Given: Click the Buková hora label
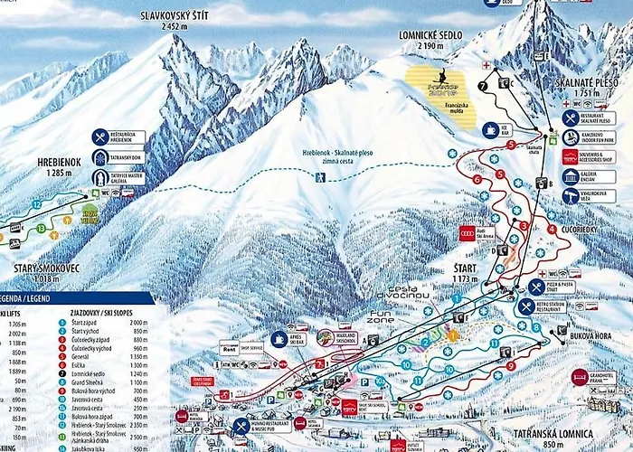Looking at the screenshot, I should pyautogui.click(x=592, y=335).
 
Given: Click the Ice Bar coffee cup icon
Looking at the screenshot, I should pyautogui.click(x=491, y=130).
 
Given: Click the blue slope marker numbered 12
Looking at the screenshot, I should pyautogui.click(x=36, y=205).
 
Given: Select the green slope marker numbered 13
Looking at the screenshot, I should pyautogui.click(x=42, y=228).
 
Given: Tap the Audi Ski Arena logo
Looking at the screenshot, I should pyautogui.click(x=467, y=233).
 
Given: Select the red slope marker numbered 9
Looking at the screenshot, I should pyautogui.click(x=511, y=365).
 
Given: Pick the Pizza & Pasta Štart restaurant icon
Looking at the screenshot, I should pyautogui.click(x=536, y=287).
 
